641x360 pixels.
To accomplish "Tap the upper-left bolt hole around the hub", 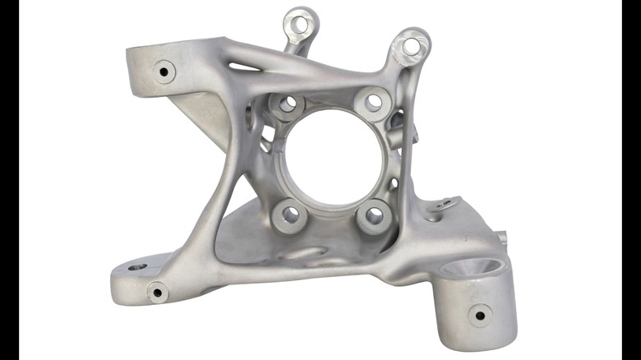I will pyautogui.click(x=288, y=104).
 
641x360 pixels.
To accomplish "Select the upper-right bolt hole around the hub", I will pyautogui.click(x=374, y=102).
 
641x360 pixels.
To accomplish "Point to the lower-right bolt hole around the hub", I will pyautogui.click(x=375, y=215).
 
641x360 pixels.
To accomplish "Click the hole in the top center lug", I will pyautogui.click(x=300, y=24).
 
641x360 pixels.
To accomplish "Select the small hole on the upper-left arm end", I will pyautogui.click(x=164, y=72).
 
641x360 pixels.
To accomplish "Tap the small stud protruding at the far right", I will pyautogui.click(x=501, y=238).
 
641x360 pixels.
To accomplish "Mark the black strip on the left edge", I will pyautogui.click(x=9, y=180).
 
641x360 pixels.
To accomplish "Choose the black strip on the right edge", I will pyautogui.click(x=631, y=180).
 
